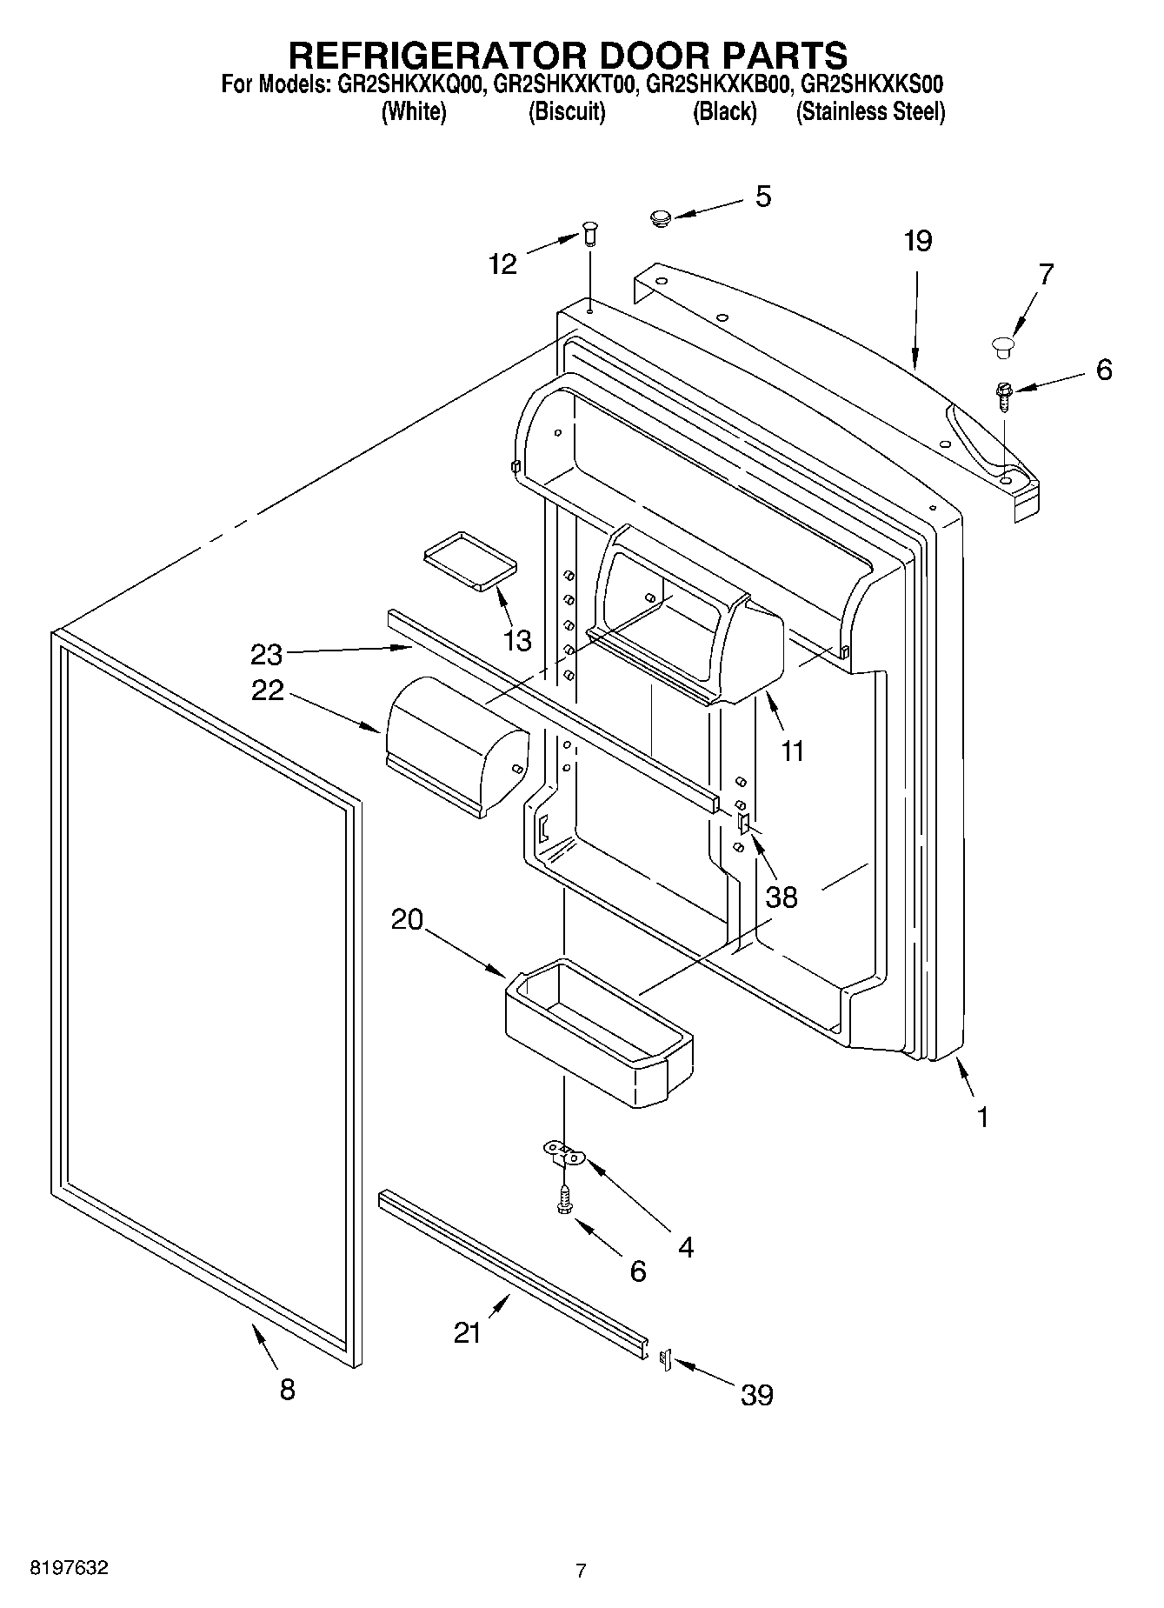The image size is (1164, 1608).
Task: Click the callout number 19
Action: tap(917, 241)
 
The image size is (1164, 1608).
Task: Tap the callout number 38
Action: tap(782, 896)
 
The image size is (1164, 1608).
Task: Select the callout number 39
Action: tap(756, 1395)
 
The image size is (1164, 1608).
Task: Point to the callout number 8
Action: tap(288, 1389)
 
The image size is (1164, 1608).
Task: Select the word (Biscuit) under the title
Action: tap(567, 112)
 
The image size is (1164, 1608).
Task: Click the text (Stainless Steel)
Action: tap(870, 112)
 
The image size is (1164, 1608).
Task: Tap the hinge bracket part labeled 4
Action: tap(566, 1153)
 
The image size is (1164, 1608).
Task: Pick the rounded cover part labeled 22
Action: tap(456, 742)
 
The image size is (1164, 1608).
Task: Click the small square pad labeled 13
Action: tap(469, 560)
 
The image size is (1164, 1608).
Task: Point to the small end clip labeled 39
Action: tap(666, 1360)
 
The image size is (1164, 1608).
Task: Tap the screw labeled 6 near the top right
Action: tap(1004, 393)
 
